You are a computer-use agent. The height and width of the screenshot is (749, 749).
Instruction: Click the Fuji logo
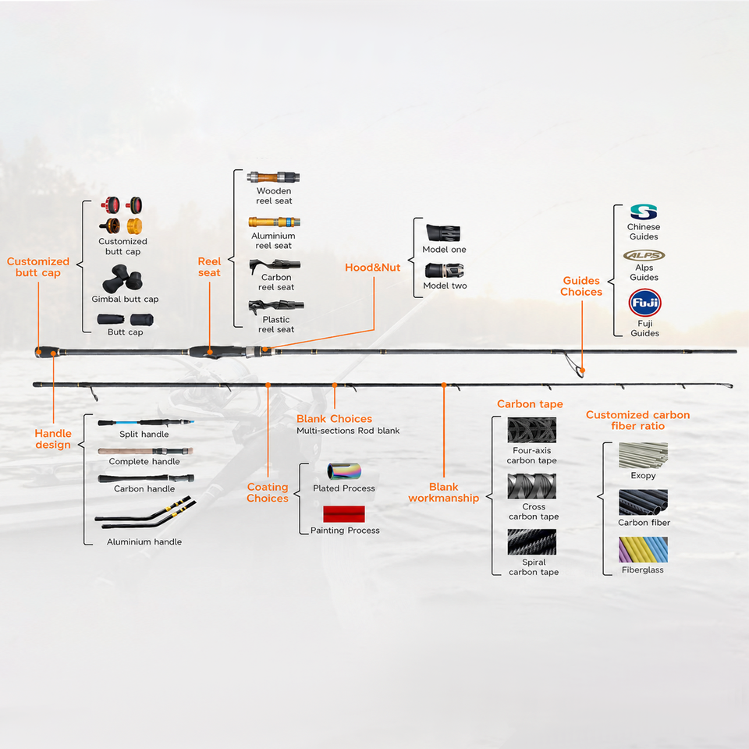(x=644, y=303)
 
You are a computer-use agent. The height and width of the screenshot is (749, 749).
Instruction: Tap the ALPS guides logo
(x=644, y=256)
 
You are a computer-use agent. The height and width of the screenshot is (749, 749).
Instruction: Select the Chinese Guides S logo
(x=644, y=212)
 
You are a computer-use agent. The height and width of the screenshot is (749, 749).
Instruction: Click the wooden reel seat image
(x=273, y=178)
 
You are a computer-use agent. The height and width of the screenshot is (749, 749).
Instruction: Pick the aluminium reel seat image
(x=274, y=222)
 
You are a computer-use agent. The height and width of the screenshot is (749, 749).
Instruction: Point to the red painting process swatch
(x=344, y=514)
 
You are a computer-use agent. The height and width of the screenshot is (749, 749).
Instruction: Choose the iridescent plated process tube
(x=344, y=471)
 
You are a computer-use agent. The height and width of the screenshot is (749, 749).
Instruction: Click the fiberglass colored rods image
(x=643, y=550)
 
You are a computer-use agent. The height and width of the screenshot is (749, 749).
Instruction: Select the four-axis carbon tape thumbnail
(x=531, y=430)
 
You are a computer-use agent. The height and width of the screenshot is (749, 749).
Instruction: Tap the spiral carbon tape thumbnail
(x=531, y=542)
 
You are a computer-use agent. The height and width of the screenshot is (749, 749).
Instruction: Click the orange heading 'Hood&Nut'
(x=373, y=268)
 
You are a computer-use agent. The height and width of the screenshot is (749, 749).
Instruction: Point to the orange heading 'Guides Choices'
(x=581, y=286)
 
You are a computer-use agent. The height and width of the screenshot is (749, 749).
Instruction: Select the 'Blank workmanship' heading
(x=444, y=492)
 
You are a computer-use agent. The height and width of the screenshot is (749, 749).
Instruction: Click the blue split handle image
(x=146, y=423)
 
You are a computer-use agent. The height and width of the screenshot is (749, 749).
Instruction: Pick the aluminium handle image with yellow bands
(x=145, y=513)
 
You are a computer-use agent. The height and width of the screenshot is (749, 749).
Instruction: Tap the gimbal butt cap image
(x=122, y=279)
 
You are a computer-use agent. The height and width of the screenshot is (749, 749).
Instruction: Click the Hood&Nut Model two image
(x=444, y=271)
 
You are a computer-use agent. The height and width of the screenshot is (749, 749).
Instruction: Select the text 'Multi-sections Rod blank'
(x=348, y=431)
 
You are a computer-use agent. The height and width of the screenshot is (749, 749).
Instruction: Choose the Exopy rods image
(x=643, y=455)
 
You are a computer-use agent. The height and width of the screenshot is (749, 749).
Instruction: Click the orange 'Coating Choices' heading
(x=268, y=492)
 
